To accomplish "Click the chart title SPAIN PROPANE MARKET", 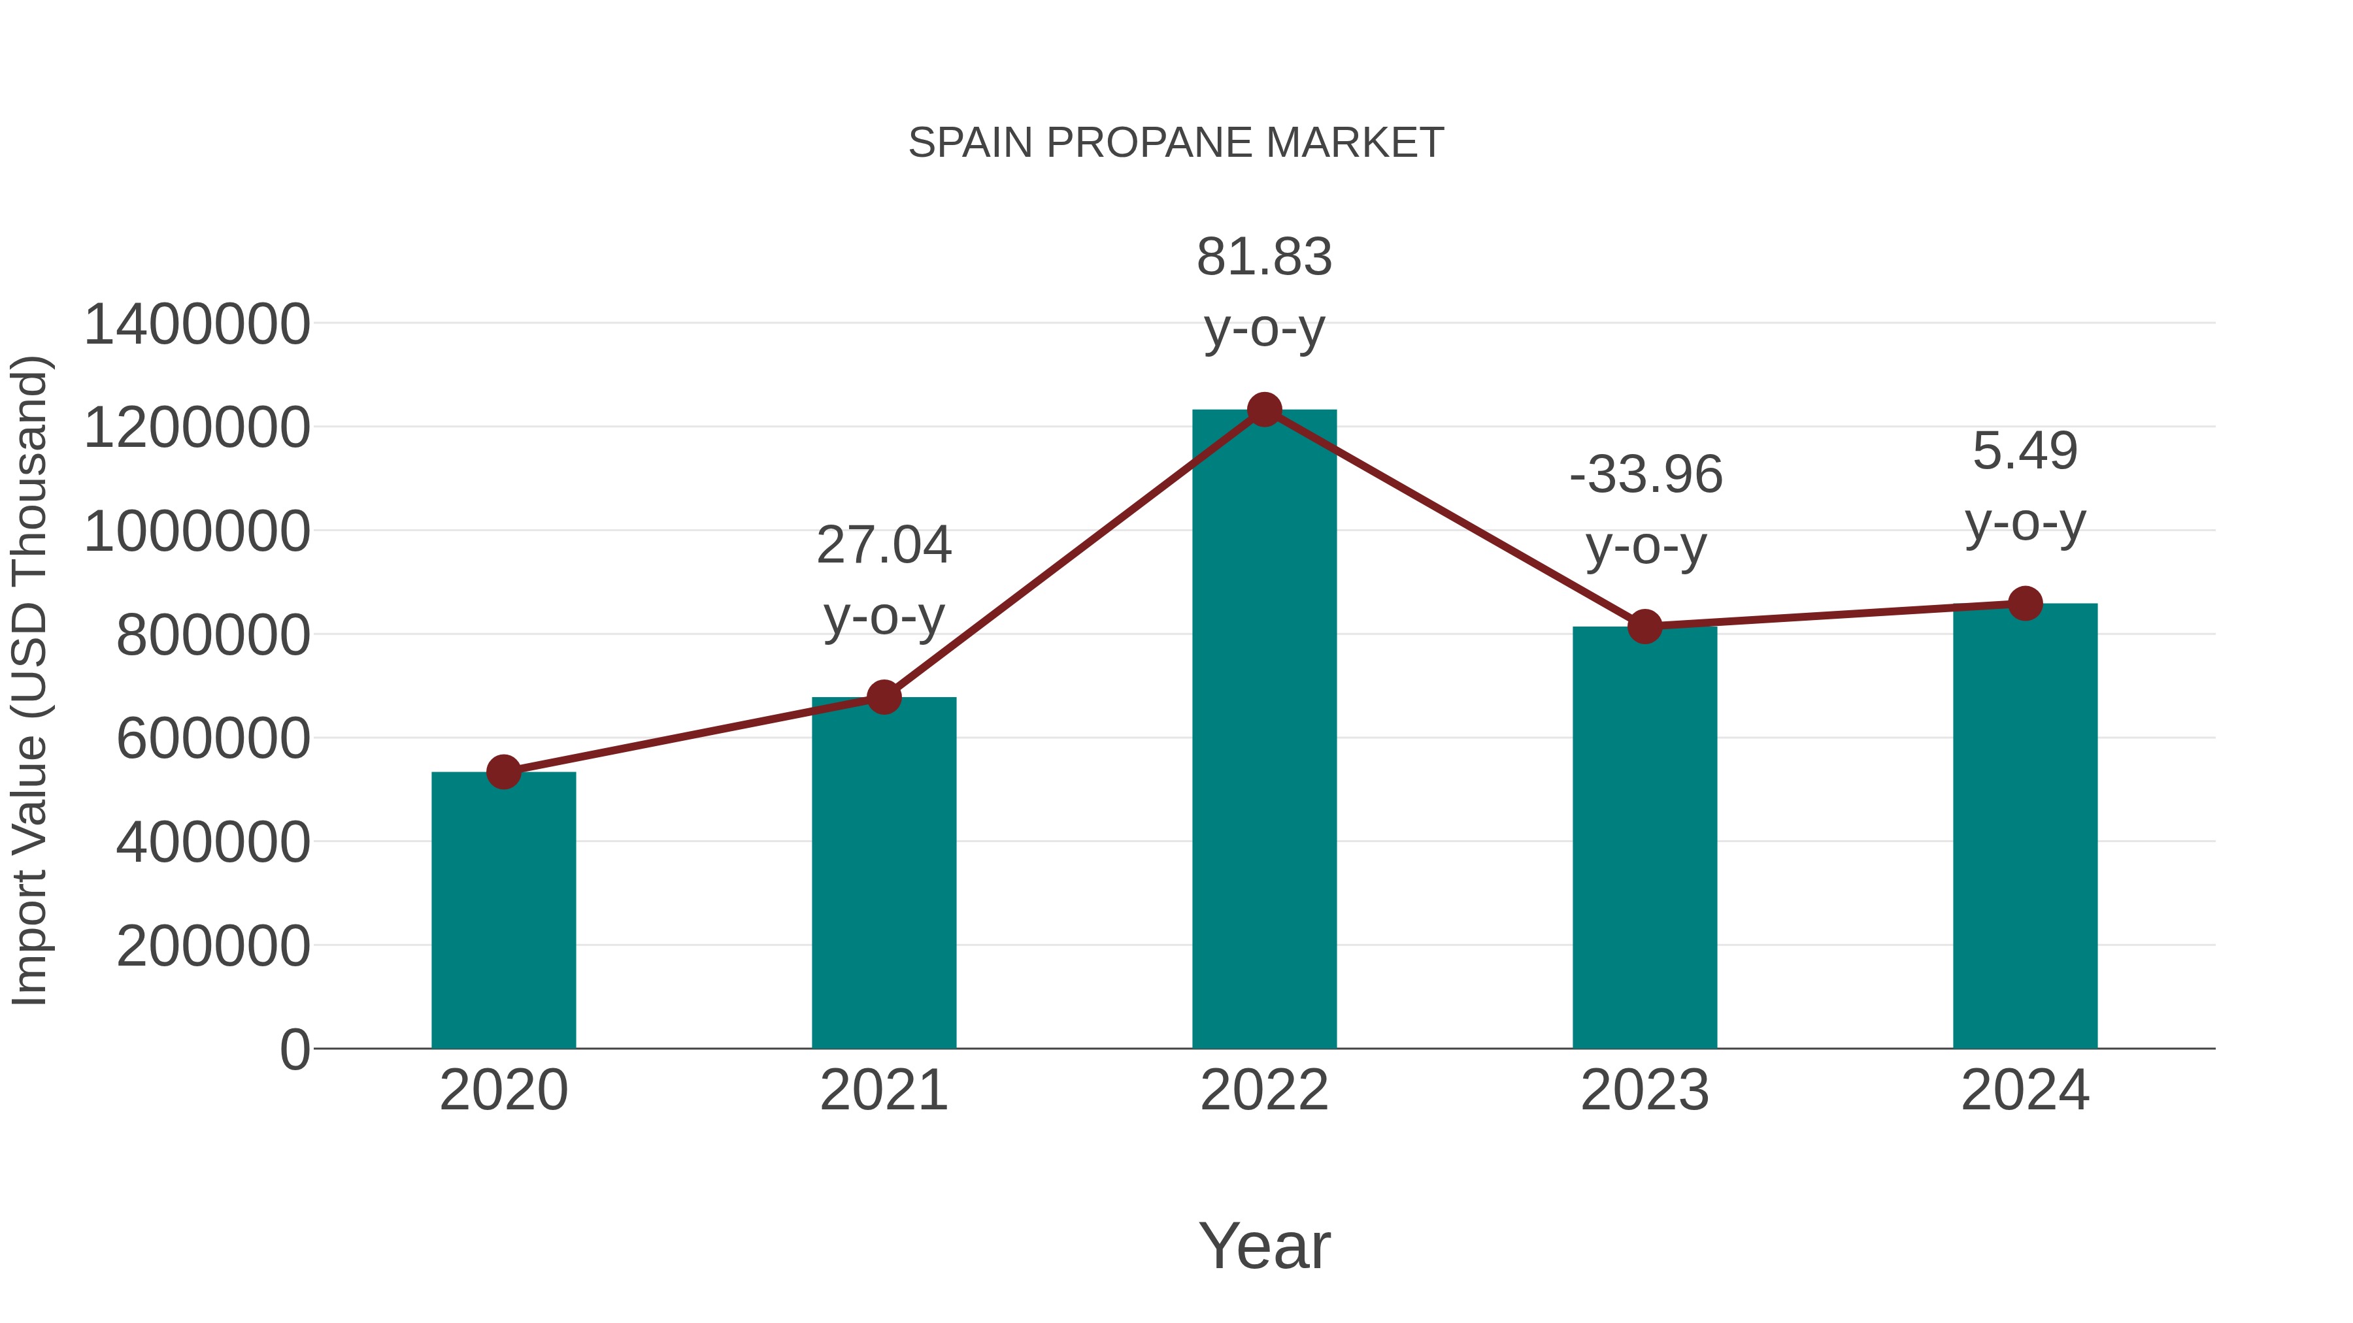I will (x=1176, y=143).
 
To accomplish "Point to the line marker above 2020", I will (x=503, y=772).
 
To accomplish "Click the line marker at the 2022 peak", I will (x=1264, y=409).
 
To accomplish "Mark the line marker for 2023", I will (x=1644, y=627).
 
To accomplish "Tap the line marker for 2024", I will (x=2025, y=602).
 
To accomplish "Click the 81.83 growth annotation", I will (x=1264, y=257).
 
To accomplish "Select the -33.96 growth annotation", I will (x=1645, y=475).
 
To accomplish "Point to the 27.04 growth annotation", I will (x=883, y=545).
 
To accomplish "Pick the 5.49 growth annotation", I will (x=2025, y=451).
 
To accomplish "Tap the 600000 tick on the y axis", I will (x=214, y=739).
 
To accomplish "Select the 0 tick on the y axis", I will (x=295, y=1049).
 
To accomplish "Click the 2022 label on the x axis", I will (x=1264, y=1090).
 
